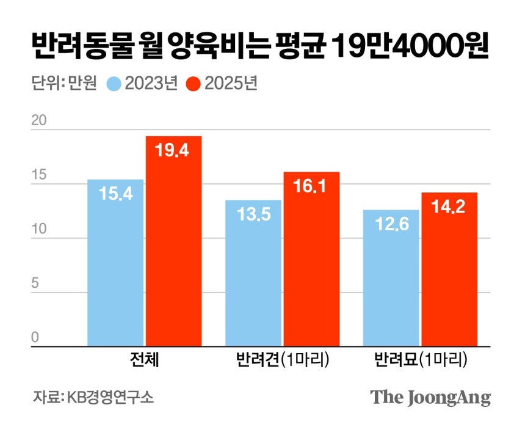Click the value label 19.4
[173, 151]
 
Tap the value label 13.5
[253, 215]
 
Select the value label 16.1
[311, 187]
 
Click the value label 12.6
[391, 225]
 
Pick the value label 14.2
[449, 208]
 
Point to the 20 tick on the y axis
[40, 120]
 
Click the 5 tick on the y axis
[35, 283]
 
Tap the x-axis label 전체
[145, 360]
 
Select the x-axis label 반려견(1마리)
[283, 360]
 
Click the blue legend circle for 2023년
[114, 84]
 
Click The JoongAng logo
[431, 397]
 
